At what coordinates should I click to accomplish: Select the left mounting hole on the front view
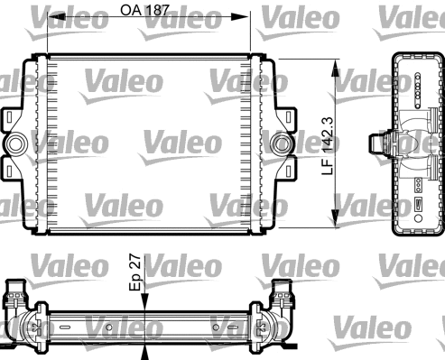coord(17,143)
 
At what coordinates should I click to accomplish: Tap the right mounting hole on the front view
coord(282,143)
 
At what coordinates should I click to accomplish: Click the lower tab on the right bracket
coord(286,169)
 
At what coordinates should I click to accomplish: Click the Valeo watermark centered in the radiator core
coord(180,142)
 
